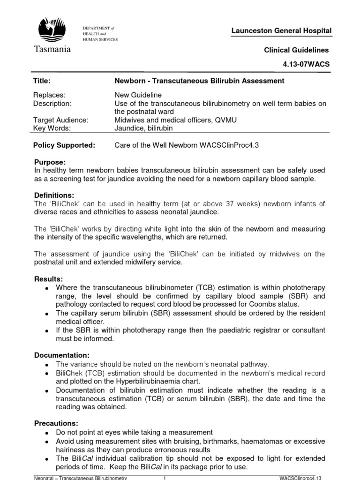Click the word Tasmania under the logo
pos(52,49)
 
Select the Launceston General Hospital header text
pos(281,31)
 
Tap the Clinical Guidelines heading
pos(296,50)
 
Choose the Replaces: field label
pos(49,95)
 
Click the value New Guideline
pos(138,95)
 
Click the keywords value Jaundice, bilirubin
pos(144,128)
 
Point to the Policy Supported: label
pos(64,145)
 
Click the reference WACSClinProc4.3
pos(232,145)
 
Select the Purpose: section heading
pos(49,161)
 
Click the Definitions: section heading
pos(54,195)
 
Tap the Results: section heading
pos(48,279)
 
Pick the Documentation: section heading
pos(61,355)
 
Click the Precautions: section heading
pos(56,423)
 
